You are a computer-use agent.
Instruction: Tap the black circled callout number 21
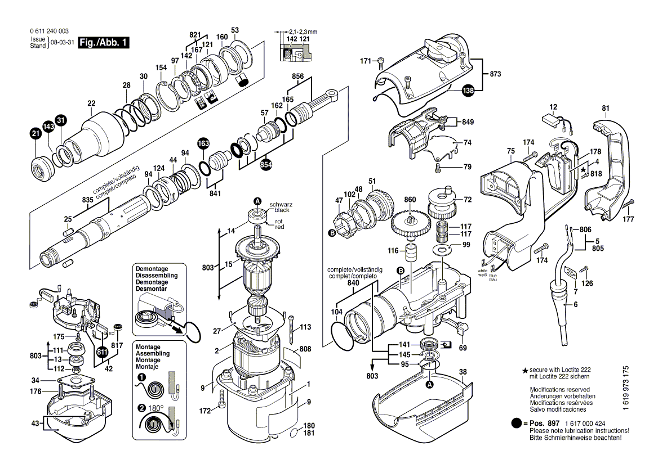(x=35, y=133)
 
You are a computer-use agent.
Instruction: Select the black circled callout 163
(x=203, y=144)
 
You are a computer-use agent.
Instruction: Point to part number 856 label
(x=298, y=76)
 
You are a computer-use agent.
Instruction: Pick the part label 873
(x=495, y=74)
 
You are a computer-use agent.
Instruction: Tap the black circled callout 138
(x=469, y=90)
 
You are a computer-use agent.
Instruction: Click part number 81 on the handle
(x=606, y=108)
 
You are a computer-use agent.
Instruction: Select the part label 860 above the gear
(x=410, y=200)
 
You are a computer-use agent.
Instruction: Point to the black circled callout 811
(x=102, y=353)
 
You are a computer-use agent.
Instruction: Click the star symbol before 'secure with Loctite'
(x=525, y=370)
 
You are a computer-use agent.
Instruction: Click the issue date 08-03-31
(x=61, y=43)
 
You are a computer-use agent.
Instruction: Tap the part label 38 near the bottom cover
(x=463, y=372)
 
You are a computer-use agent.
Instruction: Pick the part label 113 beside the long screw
(x=305, y=327)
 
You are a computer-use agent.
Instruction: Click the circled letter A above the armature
(x=257, y=201)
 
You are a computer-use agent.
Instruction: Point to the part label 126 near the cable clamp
(x=588, y=283)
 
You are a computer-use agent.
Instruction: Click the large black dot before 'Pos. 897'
(x=517, y=423)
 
